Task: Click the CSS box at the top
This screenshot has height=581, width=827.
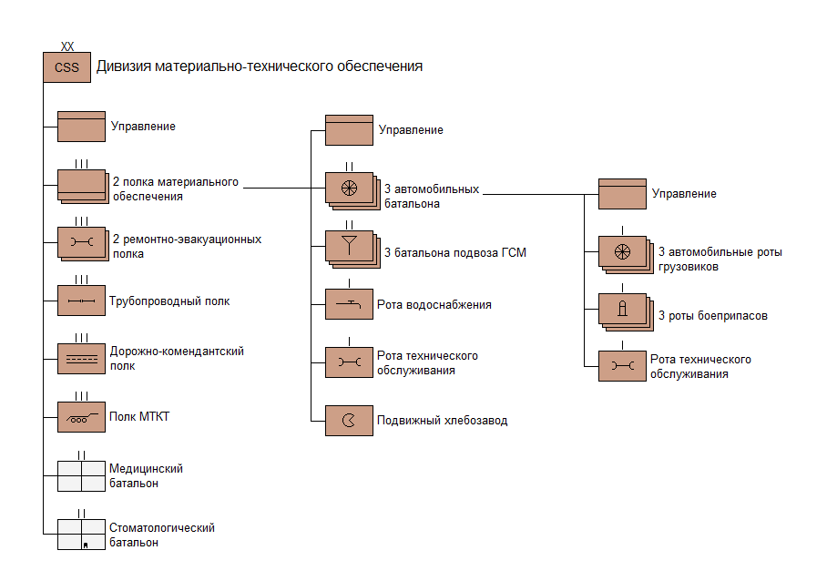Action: click(x=66, y=67)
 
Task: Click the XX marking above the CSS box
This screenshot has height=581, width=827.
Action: click(x=66, y=46)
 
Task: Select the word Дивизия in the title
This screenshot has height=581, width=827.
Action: click(x=124, y=66)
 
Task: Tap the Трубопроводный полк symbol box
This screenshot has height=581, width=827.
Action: click(x=81, y=300)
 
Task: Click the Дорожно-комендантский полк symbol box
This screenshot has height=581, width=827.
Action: click(x=81, y=359)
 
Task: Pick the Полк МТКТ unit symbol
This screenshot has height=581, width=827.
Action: click(x=81, y=417)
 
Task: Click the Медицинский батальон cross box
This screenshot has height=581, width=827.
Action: click(x=81, y=475)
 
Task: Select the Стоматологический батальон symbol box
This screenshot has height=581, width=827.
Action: click(x=81, y=535)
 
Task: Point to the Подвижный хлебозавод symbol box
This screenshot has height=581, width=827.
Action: click(x=349, y=420)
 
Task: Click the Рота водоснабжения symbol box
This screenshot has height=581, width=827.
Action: click(x=349, y=303)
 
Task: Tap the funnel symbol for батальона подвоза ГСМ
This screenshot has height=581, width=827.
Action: click(x=349, y=245)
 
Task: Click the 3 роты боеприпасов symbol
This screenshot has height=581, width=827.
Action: click(x=622, y=310)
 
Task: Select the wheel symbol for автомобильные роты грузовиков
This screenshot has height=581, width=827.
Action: click(x=622, y=251)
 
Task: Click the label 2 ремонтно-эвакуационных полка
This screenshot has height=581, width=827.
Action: click(x=187, y=246)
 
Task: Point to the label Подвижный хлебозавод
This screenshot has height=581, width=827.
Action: click(x=443, y=421)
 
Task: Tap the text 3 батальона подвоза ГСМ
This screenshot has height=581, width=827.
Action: click(x=455, y=252)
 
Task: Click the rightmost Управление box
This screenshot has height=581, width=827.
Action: click(x=622, y=193)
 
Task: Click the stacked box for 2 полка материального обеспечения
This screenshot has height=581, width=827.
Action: click(x=81, y=185)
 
